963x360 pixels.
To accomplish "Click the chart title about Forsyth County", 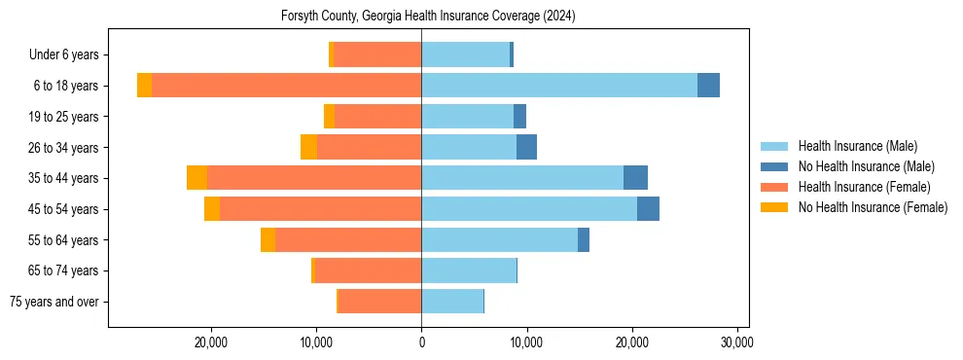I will tap(429, 17).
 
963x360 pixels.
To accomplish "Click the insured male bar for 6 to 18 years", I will tap(559, 86).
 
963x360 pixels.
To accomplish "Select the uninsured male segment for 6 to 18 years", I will tap(708, 86).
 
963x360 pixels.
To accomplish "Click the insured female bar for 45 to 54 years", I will tap(320, 209).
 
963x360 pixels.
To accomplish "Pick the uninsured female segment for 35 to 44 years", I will tap(196, 178).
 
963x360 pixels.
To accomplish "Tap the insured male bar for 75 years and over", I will tap(452, 302).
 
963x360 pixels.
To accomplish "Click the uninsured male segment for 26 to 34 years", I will tap(526, 147).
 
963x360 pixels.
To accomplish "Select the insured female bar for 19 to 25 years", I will tap(377, 117).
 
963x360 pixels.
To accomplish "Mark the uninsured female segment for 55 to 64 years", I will tap(267, 240).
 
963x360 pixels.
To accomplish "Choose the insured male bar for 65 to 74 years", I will tap(469, 270).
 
